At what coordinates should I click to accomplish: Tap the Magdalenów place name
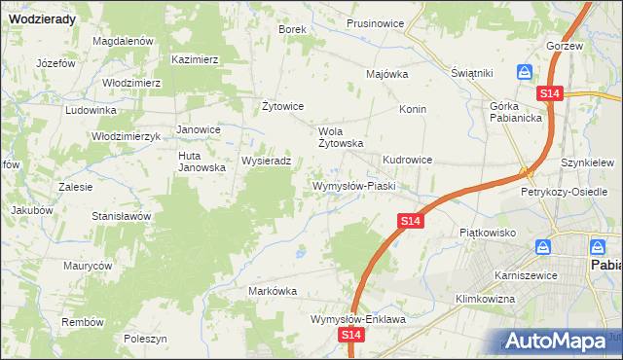(124, 41)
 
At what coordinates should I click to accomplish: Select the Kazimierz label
(195, 59)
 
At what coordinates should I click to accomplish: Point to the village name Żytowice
(284, 106)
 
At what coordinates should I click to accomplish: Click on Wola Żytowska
(342, 136)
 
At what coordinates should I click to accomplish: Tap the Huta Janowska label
(202, 162)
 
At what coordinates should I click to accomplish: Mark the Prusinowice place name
(376, 23)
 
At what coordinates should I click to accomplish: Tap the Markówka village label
(273, 291)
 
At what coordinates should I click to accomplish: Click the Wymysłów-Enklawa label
(357, 318)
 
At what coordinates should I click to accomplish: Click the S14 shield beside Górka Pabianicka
(550, 93)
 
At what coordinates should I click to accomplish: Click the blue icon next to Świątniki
(524, 72)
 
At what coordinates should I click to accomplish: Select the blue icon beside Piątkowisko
(548, 249)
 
